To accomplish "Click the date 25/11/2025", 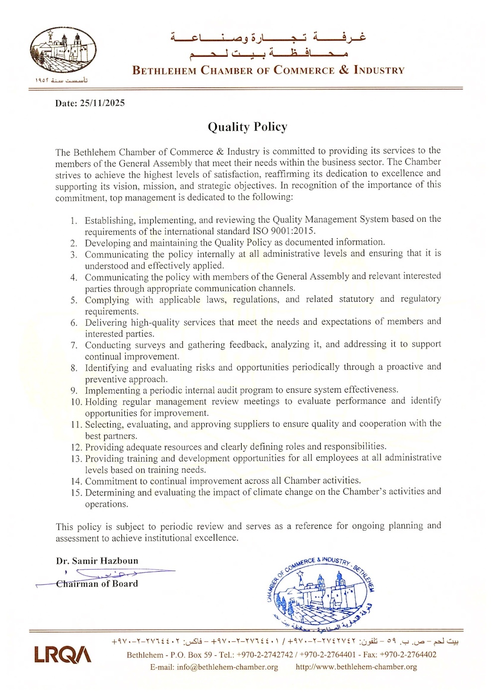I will pyautogui.click(x=102, y=103).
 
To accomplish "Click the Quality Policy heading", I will pyautogui.click(x=247, y=127).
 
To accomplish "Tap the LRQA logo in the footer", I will pyautogui.click(x=63, y=654).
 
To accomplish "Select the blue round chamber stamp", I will pyautogui.click(x=321, y=592).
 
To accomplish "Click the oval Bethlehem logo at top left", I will pyautogui.click(x=63, y=51).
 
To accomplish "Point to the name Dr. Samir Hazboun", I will pyautogui.click(x=97, y=561).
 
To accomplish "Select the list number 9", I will pyautogui.click(x=74, y=391).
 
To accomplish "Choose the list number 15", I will pyautogui.click(x=76, y=493).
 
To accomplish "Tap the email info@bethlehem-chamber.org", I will pyautogui.click(x=227, y=667).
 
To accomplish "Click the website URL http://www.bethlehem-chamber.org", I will pyautogui.click(x=356, y=667).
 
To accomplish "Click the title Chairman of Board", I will pyautogui.click(x=97, y=584).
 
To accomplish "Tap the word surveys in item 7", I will pyautogui.click(x=150, y=345).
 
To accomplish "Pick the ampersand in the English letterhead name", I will pyautogui.click(x=344, y=70).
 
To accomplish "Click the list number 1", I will pyautogui.click(x=74, y=220).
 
